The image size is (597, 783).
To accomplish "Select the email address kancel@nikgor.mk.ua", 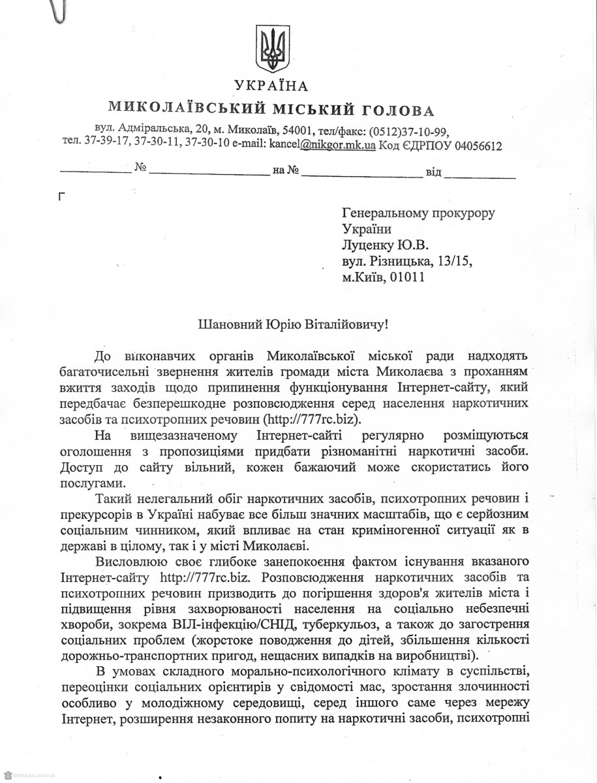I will (x=322, y=146).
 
